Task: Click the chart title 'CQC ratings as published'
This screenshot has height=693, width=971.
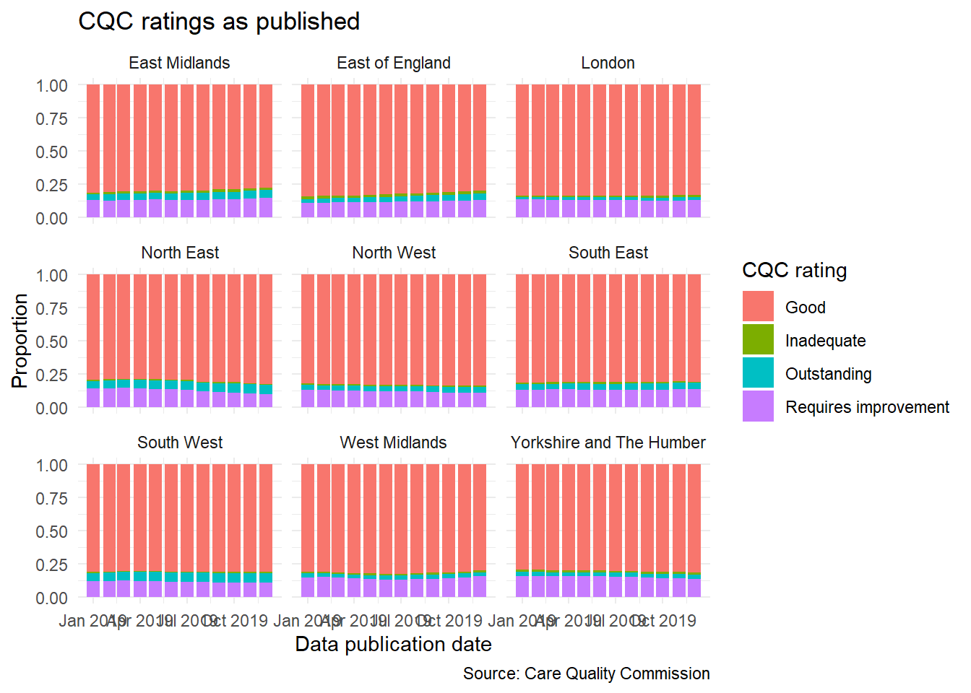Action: point(219,22)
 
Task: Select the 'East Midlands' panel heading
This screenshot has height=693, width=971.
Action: point(179,64)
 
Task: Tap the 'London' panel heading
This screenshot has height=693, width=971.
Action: point(608,64)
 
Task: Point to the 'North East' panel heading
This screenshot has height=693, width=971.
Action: point(180,253)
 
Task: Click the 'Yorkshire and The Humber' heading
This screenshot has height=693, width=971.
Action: point(608,443)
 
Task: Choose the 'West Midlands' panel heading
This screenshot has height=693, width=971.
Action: point(393,443)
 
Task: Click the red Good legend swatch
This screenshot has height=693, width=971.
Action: point(758,307)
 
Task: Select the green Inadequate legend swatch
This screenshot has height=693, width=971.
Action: point(758,340)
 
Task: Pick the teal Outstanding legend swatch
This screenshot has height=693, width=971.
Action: point(758,373)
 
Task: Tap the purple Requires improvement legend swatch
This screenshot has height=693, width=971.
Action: point(758,406)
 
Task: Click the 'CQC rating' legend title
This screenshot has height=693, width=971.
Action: point(794,271)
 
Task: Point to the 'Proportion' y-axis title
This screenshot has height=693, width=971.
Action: point(20,341)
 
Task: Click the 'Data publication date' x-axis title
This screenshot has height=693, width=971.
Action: point(393,645)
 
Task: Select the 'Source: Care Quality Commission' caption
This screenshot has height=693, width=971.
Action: point(586,674)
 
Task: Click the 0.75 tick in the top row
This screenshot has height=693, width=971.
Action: point(51,118)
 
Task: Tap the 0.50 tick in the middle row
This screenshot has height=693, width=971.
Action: point(51,341)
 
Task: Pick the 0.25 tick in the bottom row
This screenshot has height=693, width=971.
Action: point(51,565)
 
